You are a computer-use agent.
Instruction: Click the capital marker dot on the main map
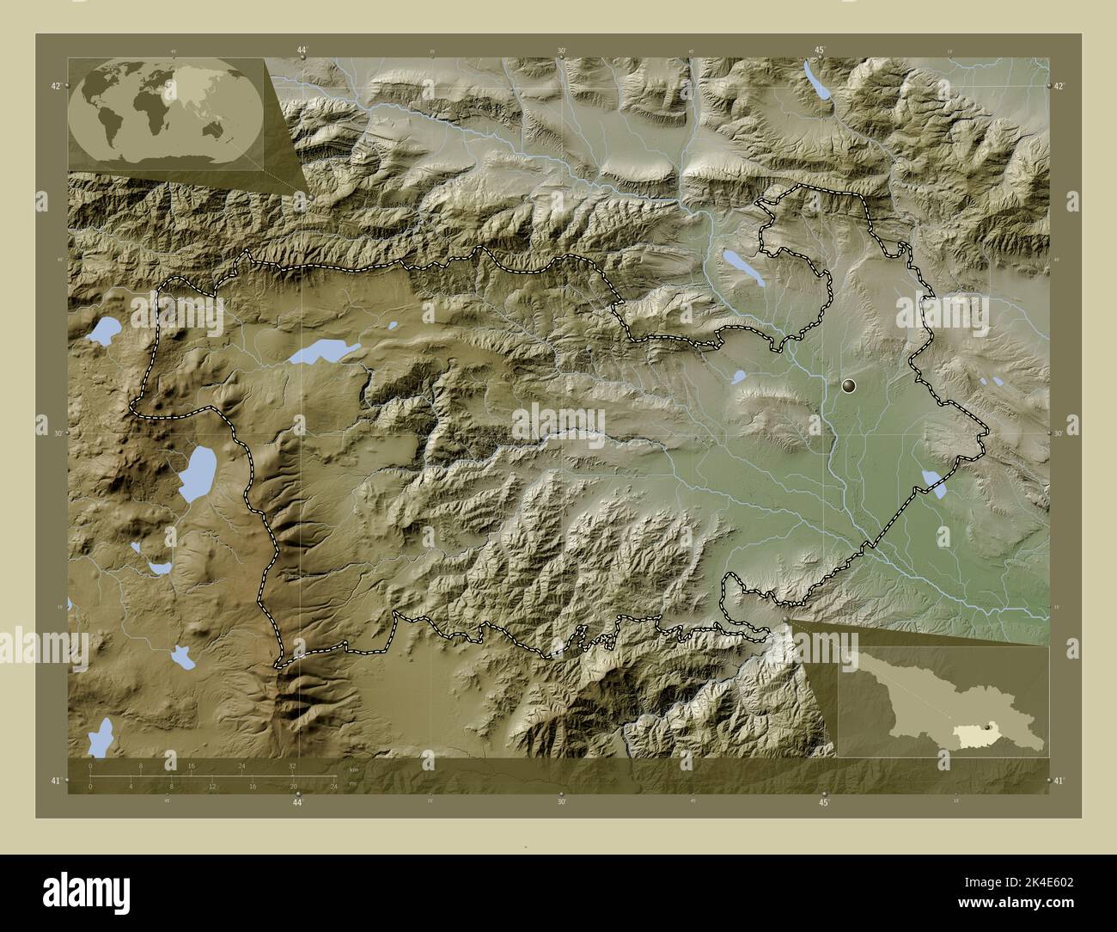(850, 387)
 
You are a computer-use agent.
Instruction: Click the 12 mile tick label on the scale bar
(211, 786)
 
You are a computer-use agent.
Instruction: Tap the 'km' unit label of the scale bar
(354, 769)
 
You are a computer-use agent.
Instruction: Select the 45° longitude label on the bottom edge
(823, 802)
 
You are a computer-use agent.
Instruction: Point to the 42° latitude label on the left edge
(55, 86)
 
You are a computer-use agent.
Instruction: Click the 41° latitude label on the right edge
(1059, 781)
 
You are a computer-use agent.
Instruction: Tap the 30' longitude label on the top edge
(560, 52)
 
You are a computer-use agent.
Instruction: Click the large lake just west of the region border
(198, 474)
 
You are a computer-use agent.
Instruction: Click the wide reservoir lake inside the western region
(321, 351)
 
